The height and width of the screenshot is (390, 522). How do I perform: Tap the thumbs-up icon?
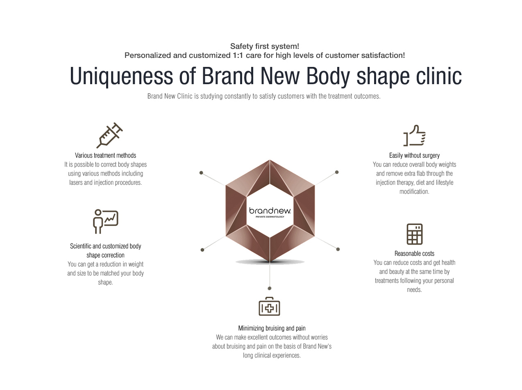(x=414, y=135)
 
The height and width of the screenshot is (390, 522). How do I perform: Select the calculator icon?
(x=415, y=234)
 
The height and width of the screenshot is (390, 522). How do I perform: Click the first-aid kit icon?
(x=269, y=306)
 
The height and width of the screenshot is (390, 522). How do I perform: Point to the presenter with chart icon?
(x=105, y=221)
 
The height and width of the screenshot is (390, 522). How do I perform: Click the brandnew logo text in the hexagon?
(x=270, y=211)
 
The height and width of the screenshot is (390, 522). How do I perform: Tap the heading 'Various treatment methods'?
(x=105, y=155)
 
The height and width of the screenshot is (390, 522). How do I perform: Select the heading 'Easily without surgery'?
(x=414, y=155)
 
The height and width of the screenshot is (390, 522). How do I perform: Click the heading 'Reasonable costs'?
(x=414, y=253)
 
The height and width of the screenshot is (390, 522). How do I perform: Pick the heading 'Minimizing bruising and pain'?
(x=272, y=328)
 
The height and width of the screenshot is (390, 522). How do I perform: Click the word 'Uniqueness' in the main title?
(x=121, y=76)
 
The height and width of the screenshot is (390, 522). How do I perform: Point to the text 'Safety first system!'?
(x=264, y=46)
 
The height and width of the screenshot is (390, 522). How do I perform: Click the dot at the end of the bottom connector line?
(x=270, y=288)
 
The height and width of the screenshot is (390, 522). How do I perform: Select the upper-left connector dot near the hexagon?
(x=201, y=173)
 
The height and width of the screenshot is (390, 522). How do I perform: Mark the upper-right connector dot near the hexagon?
(x=337, y=172)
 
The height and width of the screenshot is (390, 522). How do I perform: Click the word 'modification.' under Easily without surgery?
(x=414, y=192)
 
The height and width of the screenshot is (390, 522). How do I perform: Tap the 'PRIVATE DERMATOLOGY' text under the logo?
(x=270, y=217)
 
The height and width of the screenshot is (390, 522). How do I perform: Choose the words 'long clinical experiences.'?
(x=272, y=355)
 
